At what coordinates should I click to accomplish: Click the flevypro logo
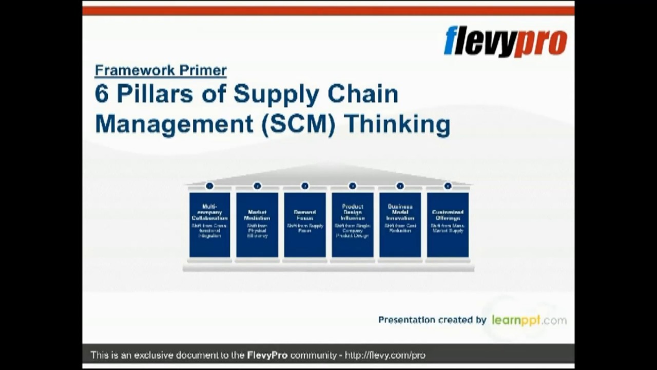[505, 41]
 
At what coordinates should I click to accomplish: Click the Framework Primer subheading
[161, 70]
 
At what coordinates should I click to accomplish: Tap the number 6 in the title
[102, 95]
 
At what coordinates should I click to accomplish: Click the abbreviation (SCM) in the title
[298, 125]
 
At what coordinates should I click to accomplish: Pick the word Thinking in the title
[397, 125]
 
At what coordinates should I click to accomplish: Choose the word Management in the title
[174, 125]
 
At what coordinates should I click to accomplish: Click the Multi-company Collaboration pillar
[209, 225]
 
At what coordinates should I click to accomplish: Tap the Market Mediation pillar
[257, 225]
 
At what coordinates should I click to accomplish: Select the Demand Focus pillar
[305, 225]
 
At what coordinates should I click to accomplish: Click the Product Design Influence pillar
[352, 225]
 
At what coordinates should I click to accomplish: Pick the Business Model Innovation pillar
[400, 225]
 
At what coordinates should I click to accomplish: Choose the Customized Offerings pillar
[448, 225]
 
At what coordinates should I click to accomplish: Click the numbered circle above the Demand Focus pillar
[305, 186]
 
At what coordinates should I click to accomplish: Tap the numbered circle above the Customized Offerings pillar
[448, 186]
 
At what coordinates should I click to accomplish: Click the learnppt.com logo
[529, 320]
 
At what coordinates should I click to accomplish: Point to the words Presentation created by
[432, 320]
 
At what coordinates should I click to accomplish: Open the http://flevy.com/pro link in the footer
[385, 355]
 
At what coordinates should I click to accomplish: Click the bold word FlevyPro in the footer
[267, 355]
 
